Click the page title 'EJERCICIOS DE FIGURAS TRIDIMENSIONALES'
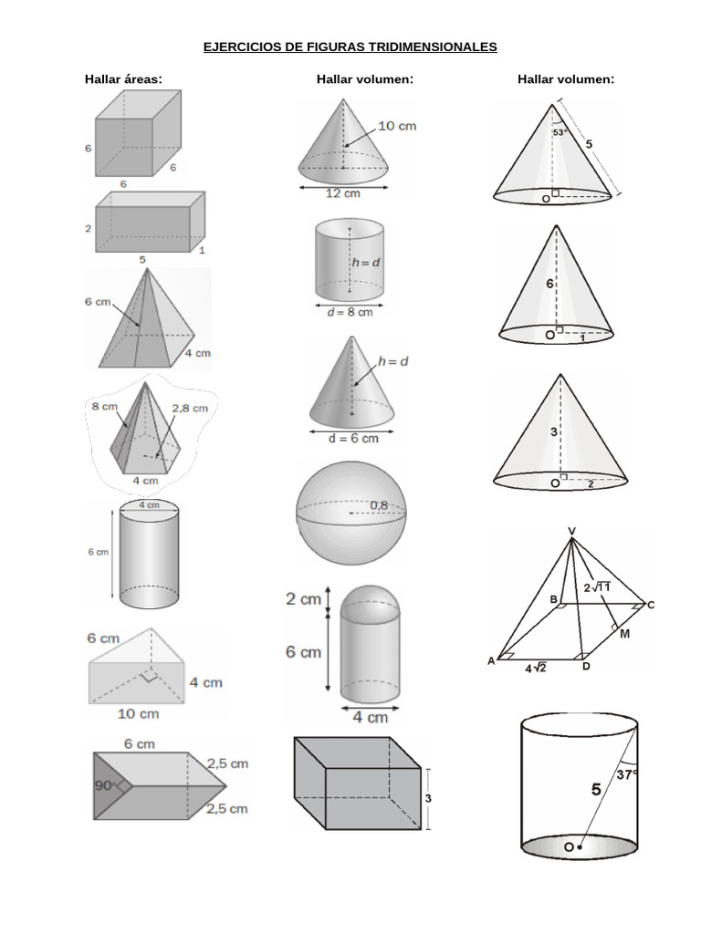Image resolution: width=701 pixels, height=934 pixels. [350, 47]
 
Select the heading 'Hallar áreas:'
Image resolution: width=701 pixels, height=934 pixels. [123, 79]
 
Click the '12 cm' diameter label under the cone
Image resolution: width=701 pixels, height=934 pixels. [343, 193]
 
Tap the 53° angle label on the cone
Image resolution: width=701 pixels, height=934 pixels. [561, 132]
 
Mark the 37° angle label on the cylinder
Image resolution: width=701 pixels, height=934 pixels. [627, 775]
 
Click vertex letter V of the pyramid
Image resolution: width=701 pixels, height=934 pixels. [571, 531]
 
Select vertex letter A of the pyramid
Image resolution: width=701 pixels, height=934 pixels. [491, 661]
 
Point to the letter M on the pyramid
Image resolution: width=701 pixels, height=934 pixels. [625, 634]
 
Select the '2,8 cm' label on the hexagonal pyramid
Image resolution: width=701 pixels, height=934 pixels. [190, 409]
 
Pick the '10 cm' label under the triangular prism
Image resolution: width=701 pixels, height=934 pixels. [137, 713]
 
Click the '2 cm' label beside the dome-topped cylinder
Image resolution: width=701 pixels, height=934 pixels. [303, 599]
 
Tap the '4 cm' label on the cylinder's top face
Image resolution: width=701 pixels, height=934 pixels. [149, 505]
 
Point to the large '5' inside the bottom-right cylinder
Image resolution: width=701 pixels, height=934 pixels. [595, 790]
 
